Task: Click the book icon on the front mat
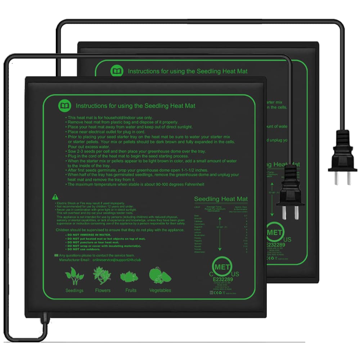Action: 65,106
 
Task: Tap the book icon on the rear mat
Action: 117,71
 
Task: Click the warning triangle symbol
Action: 55,197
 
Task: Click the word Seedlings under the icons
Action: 74,290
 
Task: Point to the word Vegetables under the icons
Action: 160,290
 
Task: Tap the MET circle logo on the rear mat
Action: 274,232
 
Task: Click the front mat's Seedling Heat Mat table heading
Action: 221,199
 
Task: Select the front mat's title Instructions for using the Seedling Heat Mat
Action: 135,106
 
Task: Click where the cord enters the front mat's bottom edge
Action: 44,317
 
